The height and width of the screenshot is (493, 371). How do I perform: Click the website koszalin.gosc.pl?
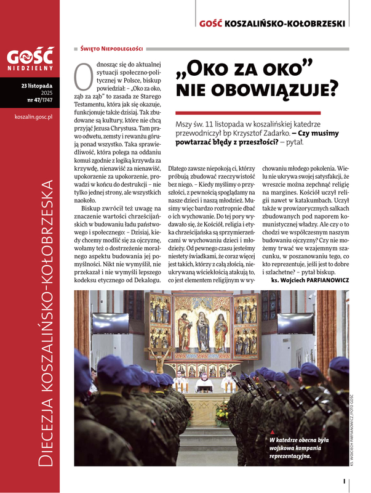point(33,115)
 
